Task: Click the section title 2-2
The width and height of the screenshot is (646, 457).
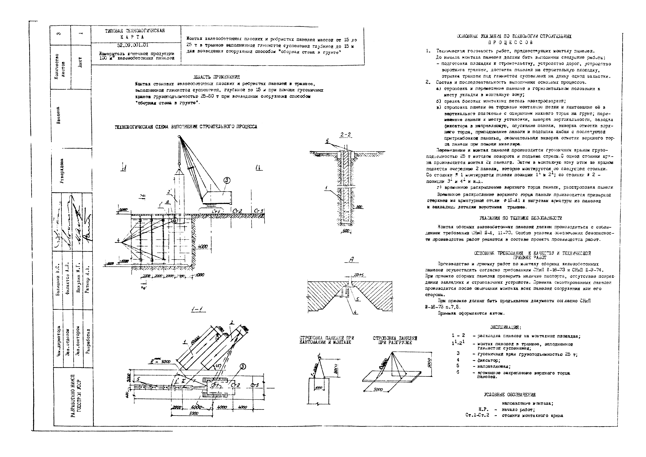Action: pos(345,135)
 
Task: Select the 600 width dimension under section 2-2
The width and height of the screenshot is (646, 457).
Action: pos(346,231)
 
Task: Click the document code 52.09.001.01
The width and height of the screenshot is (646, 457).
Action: pos(133,45)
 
